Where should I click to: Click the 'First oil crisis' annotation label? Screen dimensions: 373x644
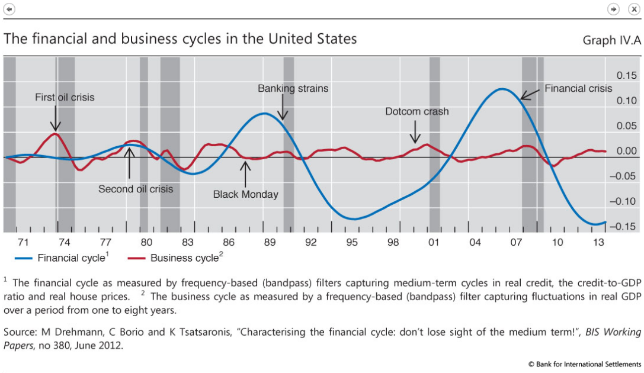tap(65, 97)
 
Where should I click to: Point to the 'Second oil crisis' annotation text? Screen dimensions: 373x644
tap(136, 189)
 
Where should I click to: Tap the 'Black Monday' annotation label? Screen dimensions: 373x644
tap(245, 194)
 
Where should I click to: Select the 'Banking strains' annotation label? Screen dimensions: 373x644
tap(293, 88)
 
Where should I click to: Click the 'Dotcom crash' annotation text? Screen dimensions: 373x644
tap(417, 111)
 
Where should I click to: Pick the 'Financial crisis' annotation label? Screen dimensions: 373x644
tap(578, 88)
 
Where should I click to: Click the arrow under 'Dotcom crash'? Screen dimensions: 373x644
tap(417, 131)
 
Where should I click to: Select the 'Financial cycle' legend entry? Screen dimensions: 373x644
tap(62, 258)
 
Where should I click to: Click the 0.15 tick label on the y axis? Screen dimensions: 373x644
tap(627, 75)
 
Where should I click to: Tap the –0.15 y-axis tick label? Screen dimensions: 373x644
tap(624, 227)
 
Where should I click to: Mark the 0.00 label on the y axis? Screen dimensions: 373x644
tap(627, 151)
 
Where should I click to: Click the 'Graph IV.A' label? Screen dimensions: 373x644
tap(611, 40)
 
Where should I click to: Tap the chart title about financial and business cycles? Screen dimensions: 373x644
tap(180, 39)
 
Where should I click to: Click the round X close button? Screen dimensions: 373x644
tap(633, 9)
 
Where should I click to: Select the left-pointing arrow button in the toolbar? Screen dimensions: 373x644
tap(9, 9)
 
